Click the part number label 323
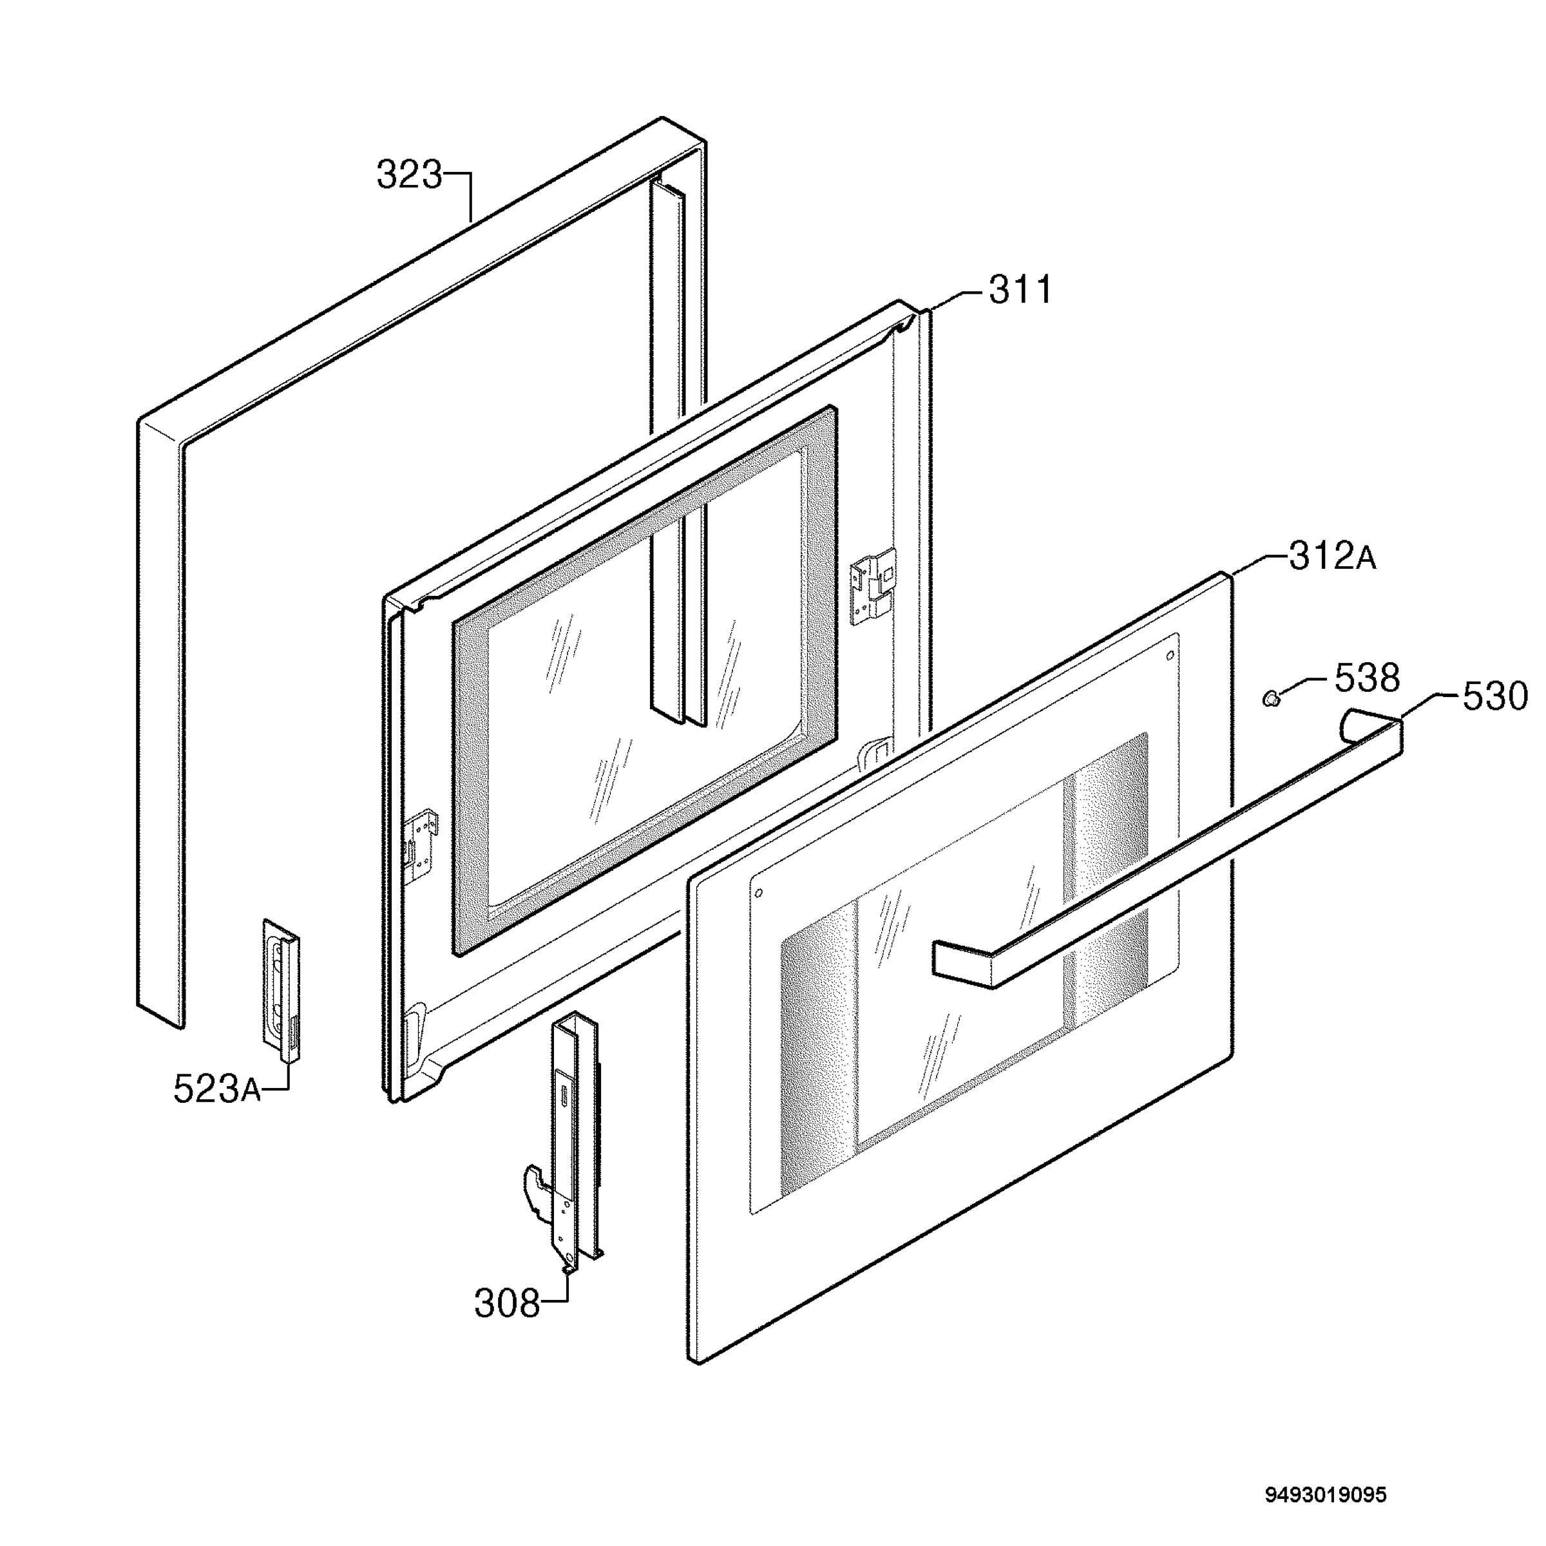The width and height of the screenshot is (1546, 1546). click(409, 175)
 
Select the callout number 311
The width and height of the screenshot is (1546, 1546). click(1021, 290)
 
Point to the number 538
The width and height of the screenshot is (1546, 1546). click(1368, 678)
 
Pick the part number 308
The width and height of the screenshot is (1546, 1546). click(508, 1304)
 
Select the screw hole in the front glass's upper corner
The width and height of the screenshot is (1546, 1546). click(1170, 655)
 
